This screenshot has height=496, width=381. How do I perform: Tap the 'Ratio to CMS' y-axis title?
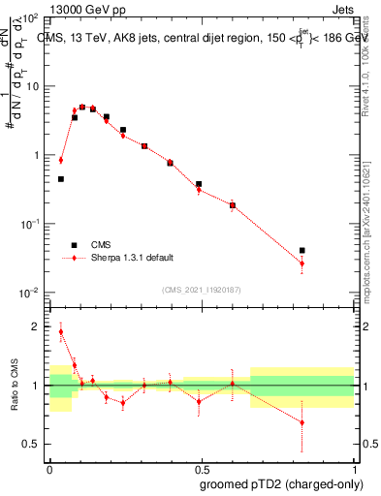click(x=14, y=386)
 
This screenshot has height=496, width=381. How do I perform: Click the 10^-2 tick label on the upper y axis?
click(x=29, y=293)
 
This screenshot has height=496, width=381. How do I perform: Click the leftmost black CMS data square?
click(x=61, y=179)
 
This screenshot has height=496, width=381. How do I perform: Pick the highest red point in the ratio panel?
click(x=61, y=332)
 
